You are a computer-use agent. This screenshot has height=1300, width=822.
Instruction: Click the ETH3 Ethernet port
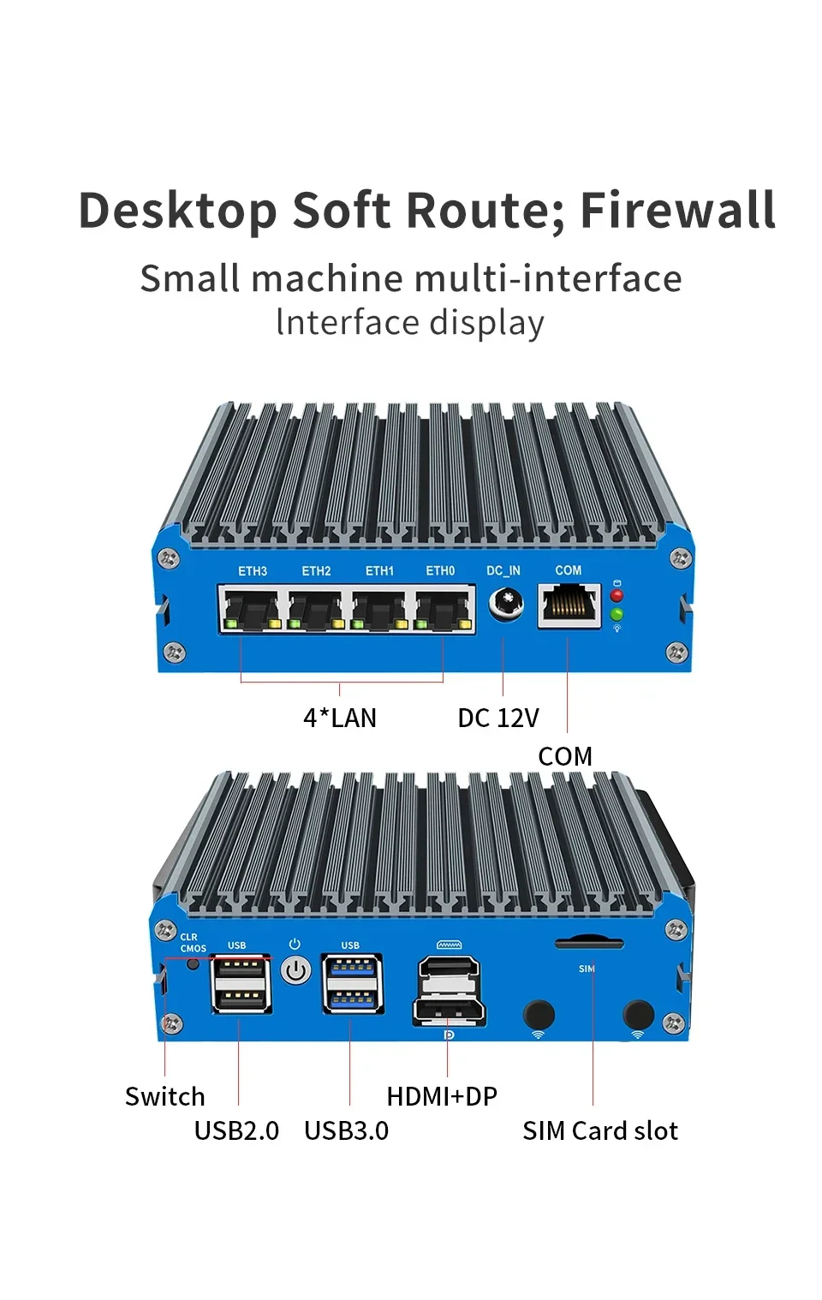(251, 609)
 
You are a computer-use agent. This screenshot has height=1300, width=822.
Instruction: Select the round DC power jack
(505, 605)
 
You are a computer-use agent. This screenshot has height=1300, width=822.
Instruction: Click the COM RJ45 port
(569, 605)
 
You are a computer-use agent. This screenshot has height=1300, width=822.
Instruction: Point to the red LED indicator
(616, 595)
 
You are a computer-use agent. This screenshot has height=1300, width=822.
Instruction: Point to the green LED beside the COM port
(616, 614)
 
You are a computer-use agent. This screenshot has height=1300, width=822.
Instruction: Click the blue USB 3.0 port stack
(352, 983)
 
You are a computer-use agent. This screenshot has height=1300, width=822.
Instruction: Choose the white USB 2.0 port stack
(241, 983)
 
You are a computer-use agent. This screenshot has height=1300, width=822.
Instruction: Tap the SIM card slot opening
(589, 944)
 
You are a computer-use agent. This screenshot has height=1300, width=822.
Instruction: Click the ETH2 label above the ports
(316, 571)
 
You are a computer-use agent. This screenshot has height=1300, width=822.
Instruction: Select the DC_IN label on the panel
(503, 570)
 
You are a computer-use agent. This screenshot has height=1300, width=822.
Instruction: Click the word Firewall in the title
(677, 211)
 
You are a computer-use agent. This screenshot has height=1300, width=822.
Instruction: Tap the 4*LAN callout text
(340, 718)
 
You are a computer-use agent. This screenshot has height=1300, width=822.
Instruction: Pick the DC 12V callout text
(498, 718)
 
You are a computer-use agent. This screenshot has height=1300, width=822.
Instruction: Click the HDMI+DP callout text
(442, 1096)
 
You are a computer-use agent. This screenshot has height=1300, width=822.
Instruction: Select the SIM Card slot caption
(599, 1130)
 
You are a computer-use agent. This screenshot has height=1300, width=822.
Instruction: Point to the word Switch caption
(165, 1096)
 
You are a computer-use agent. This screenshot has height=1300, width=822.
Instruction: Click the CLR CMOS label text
(192, 943)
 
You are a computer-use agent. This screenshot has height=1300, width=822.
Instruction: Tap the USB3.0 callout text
(346, 1130)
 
